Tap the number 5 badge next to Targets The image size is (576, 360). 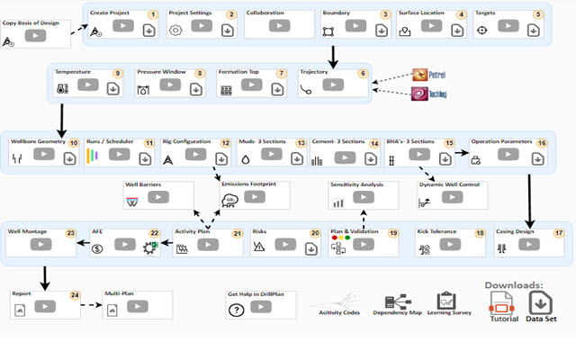click(x=538, y=15)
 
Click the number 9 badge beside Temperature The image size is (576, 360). click(x=117, y=73)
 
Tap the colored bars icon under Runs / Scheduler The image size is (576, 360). click(x=92, y=158)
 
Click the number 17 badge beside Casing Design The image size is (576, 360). click(x=559, y=232)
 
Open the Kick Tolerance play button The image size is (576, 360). click(x=449, y=245)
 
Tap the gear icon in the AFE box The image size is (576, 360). click(x=148, y=247)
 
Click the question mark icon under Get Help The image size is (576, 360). click(x=237, y=310)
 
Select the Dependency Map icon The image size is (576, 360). click(x=397, y=301)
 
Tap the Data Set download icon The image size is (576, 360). click(x=542, y=302)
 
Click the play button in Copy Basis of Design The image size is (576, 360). click(x=36, y=36)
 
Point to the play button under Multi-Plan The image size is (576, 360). click(x=137, y=307)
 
